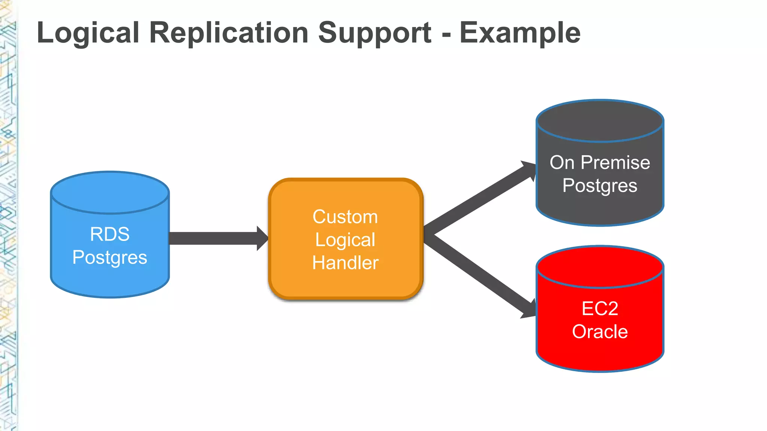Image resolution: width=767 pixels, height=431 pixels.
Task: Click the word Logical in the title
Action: tap(88, 33)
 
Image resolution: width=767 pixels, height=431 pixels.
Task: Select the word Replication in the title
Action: tap(228, 33)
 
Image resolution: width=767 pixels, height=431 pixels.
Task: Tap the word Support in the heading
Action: tap(375, 33)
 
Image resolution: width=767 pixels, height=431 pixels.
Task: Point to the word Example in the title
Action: tap(520, 33)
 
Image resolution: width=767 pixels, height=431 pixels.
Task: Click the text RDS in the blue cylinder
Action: tap(110, 234)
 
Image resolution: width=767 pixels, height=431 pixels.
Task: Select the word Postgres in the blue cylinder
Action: tap(110, 257)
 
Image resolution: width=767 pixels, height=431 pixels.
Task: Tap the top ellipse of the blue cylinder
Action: tap(110, 193)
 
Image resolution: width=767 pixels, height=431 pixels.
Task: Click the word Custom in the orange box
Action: tap(345, 217)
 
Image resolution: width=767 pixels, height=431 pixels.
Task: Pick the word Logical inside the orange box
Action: tap(345, 240)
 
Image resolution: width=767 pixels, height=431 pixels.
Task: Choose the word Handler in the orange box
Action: tap(345, 263)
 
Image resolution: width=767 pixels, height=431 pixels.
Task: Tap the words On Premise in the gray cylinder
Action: tap(600, 162)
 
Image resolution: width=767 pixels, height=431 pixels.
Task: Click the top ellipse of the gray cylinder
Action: tap(600, 121)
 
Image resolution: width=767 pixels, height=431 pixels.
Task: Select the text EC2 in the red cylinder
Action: tap(600, 309)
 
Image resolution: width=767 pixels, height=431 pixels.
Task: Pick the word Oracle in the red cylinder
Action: tap(600, 332)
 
